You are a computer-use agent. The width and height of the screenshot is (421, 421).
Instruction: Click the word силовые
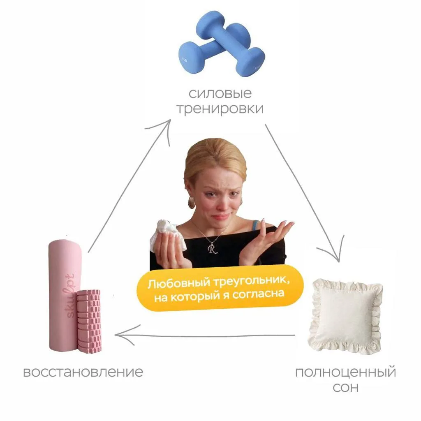point(220,94)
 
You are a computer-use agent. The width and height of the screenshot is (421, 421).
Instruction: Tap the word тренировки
point(220,109)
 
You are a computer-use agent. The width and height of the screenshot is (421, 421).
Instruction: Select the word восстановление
point(83,372)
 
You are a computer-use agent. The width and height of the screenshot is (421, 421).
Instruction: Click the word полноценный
point(345,373)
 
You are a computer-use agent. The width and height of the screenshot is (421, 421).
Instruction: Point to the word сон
point(345,387)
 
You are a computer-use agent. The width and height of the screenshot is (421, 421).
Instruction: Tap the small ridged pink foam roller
point(89,321)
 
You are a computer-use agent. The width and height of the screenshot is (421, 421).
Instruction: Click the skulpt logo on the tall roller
point(70,295)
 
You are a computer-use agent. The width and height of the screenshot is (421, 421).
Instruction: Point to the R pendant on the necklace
point(213,248)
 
